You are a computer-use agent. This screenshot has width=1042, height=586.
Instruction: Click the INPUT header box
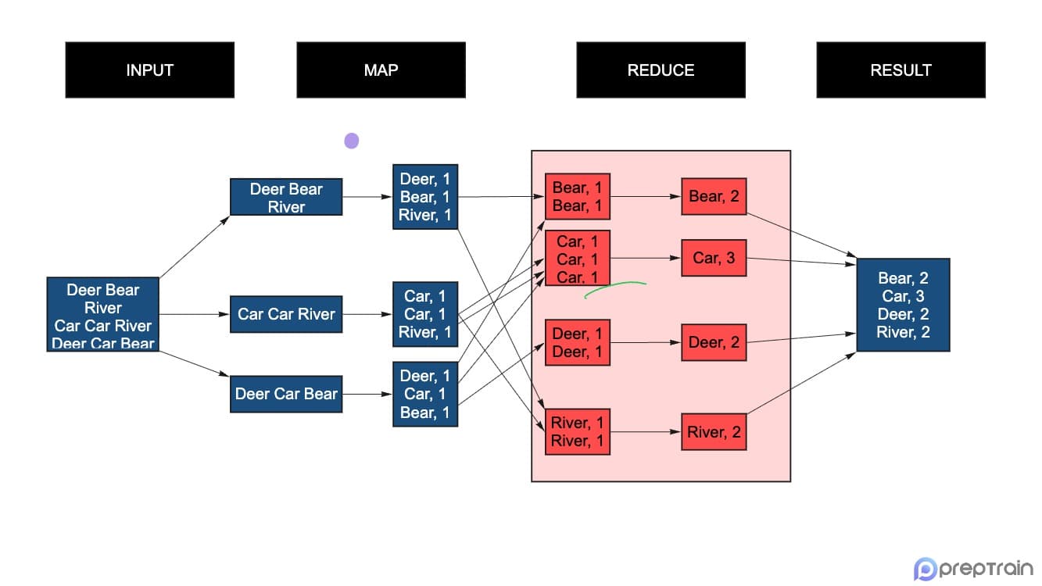click(149, 70)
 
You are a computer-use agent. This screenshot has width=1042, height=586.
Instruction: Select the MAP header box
click(381, 70)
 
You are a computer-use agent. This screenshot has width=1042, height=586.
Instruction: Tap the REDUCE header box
click(661, 70)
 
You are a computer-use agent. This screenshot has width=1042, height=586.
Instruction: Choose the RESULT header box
click(901, 70)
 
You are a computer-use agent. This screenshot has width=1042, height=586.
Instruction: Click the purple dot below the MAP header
click(352, 141)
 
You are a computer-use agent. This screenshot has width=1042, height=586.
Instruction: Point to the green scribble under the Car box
click(615, 288)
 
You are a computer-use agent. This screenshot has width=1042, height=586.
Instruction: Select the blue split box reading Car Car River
click(286, 314)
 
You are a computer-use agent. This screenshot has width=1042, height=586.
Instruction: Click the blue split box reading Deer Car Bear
click(286, 394)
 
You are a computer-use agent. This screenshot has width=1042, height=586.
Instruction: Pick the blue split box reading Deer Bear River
click(286, 197)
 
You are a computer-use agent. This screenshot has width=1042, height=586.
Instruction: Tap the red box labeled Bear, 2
click(714, 196)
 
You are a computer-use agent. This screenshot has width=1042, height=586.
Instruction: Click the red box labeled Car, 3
click(714, 258)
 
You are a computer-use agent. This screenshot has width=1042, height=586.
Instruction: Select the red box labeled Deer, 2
click(714, 342)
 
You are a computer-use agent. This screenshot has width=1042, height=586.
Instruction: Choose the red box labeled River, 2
click(714, 432)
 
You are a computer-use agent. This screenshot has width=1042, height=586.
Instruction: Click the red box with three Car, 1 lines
click(577, 258)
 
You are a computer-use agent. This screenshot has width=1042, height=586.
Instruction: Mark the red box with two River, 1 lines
click(577, 431)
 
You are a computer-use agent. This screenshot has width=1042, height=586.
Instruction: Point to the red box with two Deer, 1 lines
click(577, 342)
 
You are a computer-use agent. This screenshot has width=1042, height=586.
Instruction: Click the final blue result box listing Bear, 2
click(903, 305)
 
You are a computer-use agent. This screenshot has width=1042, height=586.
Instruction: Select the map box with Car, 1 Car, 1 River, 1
click(425, 314)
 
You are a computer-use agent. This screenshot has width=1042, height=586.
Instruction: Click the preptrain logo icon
click(926, 569)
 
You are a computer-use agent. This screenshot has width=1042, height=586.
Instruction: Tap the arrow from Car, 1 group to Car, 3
click(645, 258)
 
